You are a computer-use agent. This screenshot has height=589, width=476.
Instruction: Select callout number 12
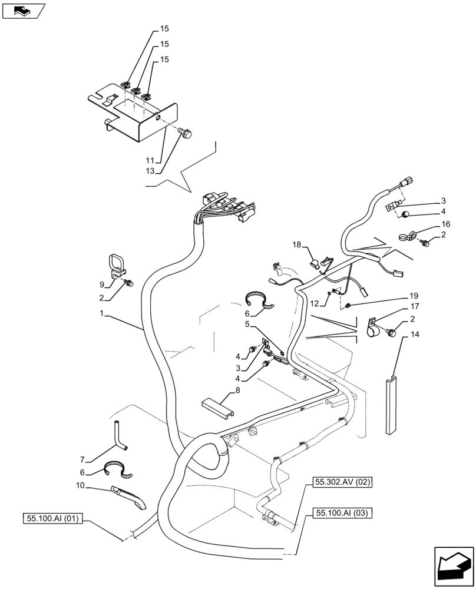(313, 303)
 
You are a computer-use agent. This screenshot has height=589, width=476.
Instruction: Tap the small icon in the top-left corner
(24, 9)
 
